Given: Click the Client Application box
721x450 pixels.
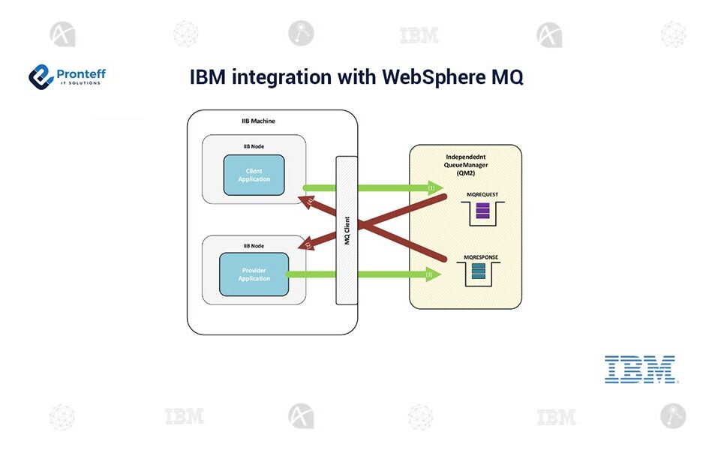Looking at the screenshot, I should click(254, 175).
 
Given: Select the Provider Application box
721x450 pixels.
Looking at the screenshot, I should click(254, 274).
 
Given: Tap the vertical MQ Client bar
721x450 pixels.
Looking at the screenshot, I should click(347, 229).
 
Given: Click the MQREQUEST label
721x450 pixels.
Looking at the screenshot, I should click(482, 194).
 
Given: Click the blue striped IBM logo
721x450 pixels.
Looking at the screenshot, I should click(640, 369).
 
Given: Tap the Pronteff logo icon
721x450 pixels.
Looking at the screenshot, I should click(41, 76).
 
